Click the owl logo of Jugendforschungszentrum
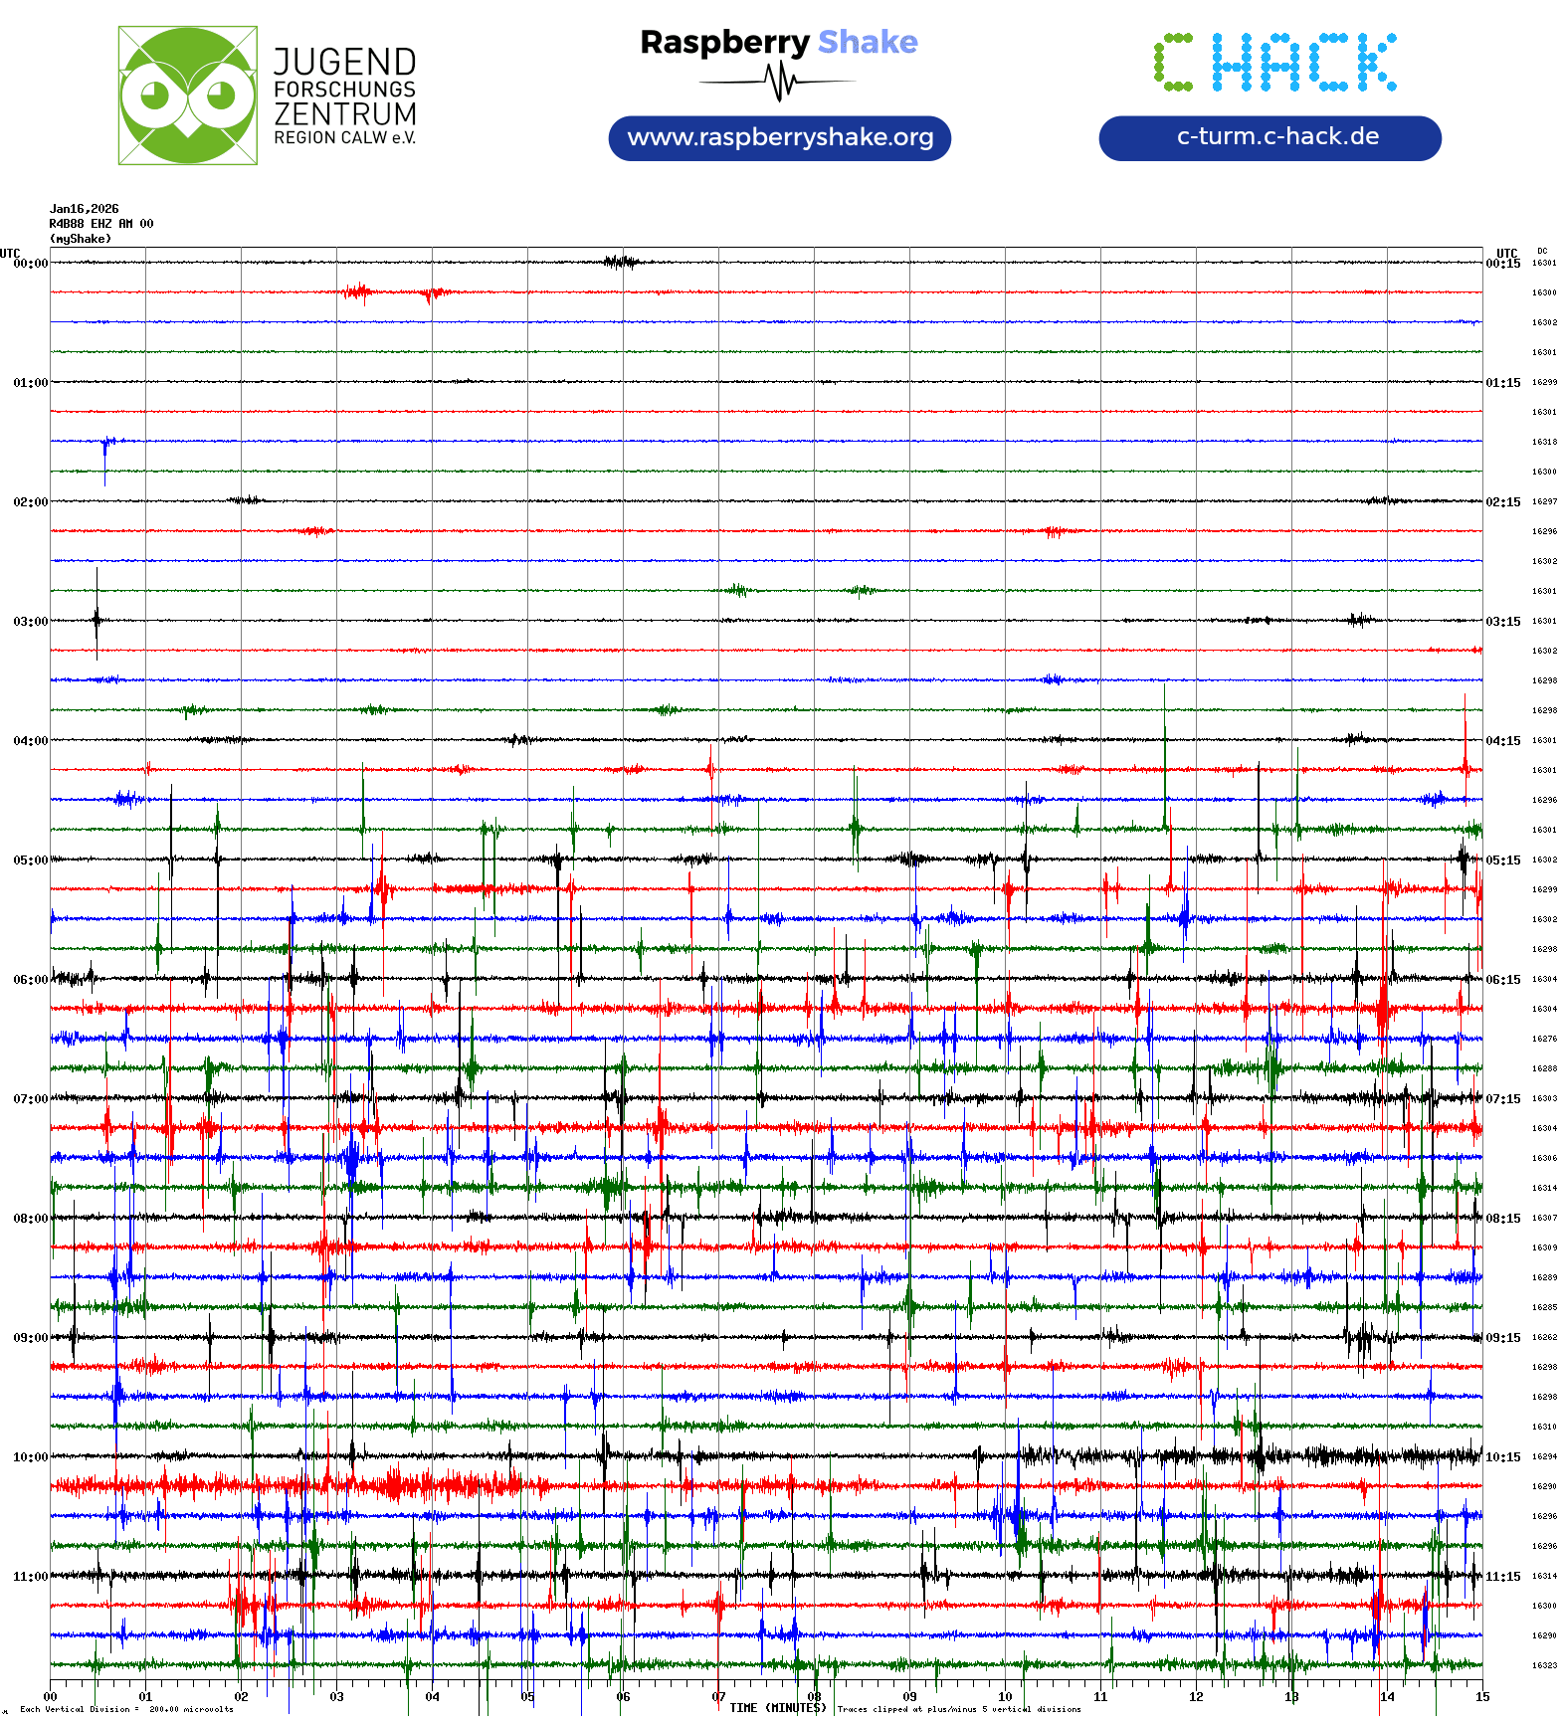[x=187, y=96]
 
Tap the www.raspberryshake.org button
[x=780, y=137]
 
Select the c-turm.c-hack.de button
[x=1269, y=137]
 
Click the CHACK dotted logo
[x=1275, y=63]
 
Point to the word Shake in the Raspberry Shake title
[x=868, y=42]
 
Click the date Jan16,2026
[x=85, y=209]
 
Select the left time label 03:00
[x=30, y=622]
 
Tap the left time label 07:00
[x=30, y=1099]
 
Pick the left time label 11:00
[x=30, y=1577]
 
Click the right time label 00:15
[x=1503, y=264]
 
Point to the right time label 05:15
[x=1503, y=861]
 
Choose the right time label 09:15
[x=1503, y=1338]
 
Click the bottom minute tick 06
[x=623, y=1697]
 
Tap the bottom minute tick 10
[x=1005, y=1697]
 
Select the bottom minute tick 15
[x=1482, y=1697]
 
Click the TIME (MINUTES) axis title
[x=778, y=1708]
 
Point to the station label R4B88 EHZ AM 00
[x=101, y=224]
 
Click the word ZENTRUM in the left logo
[x=345, y=114]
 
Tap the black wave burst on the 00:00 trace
[x=621, y=263]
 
